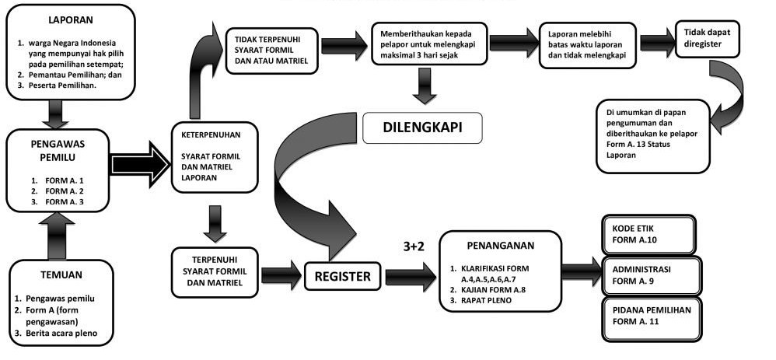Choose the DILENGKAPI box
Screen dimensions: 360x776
(x=423, y=128)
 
